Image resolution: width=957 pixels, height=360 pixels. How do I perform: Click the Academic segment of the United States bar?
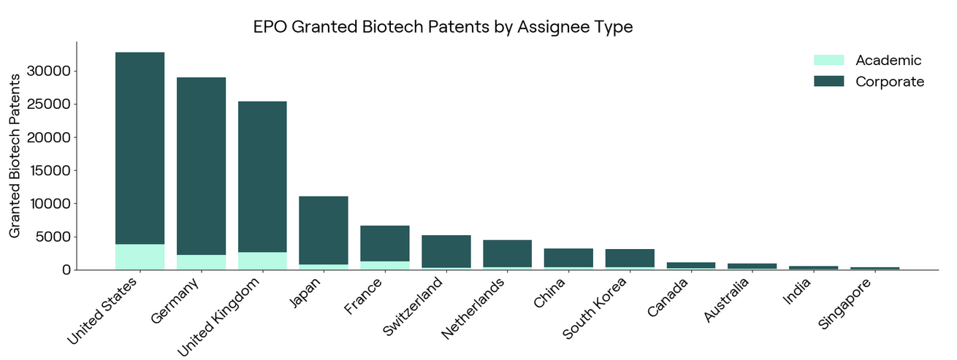[140, 256]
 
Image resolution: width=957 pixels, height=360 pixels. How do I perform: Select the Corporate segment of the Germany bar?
[201, 166]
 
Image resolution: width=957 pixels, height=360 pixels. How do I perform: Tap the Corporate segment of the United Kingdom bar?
[262, 177]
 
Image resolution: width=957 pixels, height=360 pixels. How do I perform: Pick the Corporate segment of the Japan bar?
[324, 230]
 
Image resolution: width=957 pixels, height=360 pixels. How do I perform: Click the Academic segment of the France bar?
[385, 265]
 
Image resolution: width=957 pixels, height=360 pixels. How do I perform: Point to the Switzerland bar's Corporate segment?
[446, 251]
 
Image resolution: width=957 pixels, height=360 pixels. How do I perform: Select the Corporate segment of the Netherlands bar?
[508, 253]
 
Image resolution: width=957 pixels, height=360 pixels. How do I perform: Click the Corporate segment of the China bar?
[568, 258]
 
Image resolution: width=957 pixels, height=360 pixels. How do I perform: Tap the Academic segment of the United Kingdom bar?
[262, 261]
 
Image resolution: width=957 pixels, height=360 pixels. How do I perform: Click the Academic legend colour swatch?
[829, 60]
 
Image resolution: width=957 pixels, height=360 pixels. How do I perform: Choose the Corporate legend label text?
[890, 82]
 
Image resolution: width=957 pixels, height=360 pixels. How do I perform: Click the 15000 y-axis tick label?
[50, 170]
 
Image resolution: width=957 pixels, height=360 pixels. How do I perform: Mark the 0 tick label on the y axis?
[66, 270]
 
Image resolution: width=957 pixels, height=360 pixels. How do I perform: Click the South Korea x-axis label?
[594, 307]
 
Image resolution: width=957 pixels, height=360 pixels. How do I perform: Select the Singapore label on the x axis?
[844, 303]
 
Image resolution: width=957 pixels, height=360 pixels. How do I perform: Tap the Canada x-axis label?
[667, 297]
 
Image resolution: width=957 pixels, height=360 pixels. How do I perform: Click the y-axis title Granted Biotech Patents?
[15, 156]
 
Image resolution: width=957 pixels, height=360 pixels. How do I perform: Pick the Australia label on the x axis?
[726, 300]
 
